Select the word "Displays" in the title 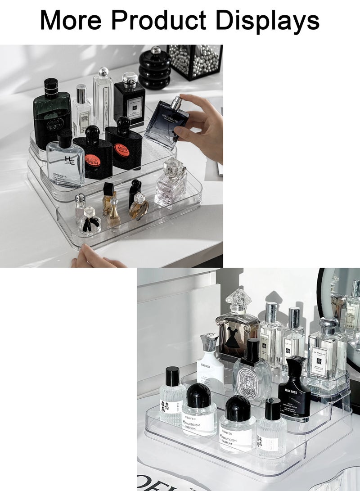(268, 20)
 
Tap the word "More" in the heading (72, 20)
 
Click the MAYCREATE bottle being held (166, 124)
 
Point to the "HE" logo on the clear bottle (69, 159)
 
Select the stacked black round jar (154, 70)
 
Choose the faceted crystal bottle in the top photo (171, 185)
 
